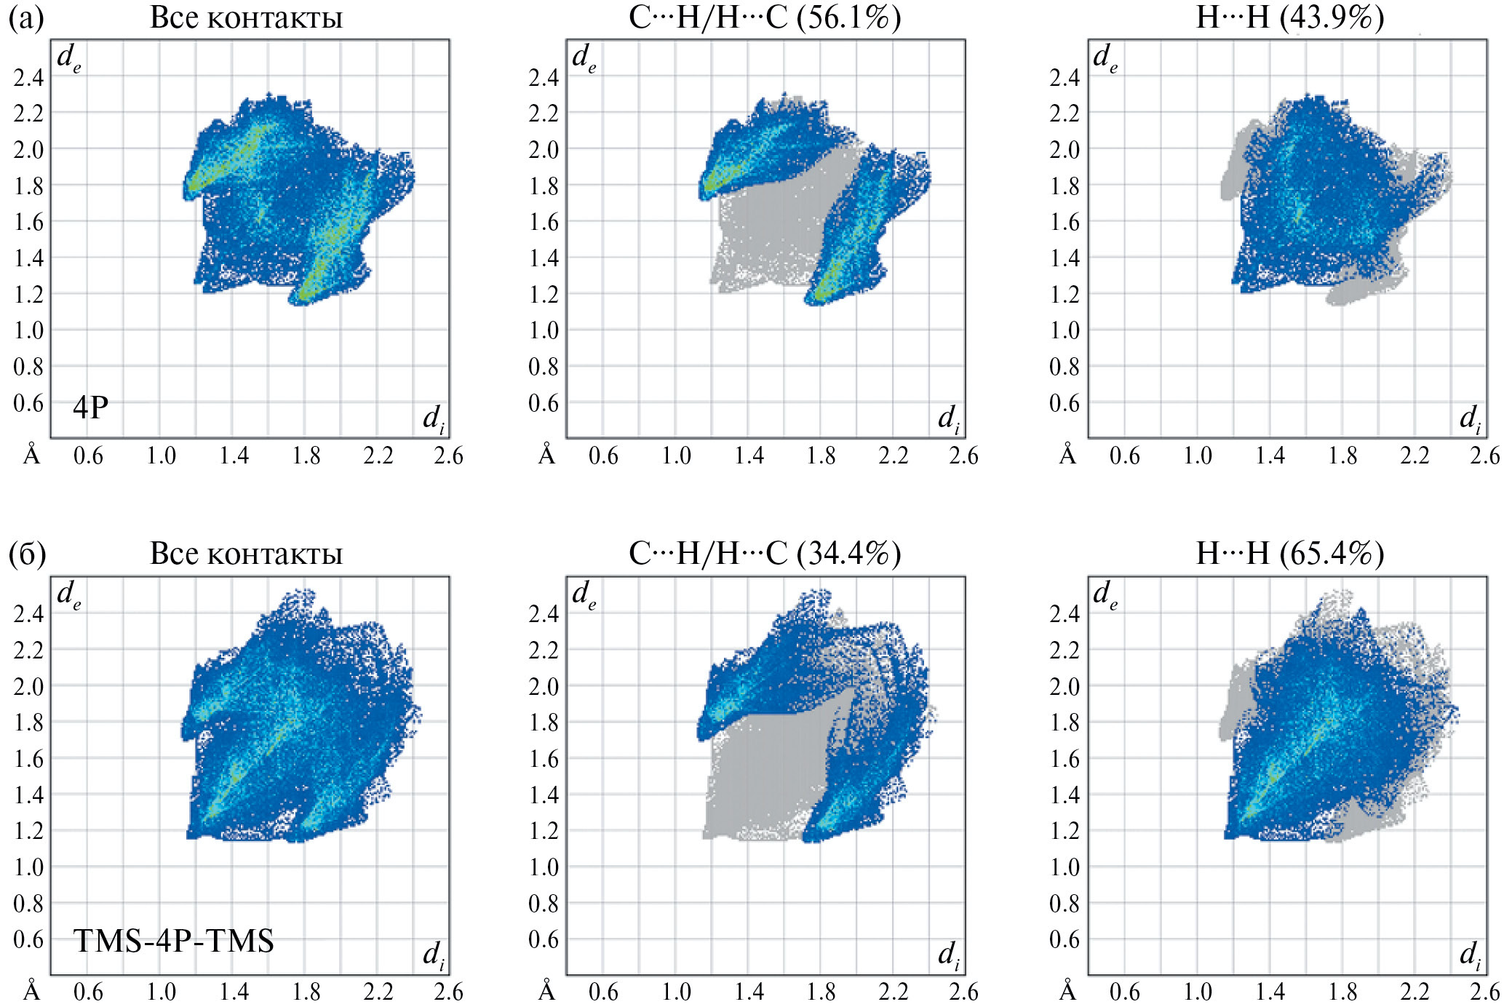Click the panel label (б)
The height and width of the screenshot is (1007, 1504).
[x=27, y=554]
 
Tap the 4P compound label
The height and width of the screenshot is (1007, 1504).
[x=90, y=407]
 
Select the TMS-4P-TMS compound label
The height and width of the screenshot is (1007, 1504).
[x=173, y=941]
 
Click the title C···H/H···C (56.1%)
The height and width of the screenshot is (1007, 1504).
[x=764, y=17]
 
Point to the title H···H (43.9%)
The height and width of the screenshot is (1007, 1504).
[x=1289, y=17]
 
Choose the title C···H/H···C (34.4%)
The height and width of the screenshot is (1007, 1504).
[x=764, y=554]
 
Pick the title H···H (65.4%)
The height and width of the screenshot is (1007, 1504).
[x=1289, y=554]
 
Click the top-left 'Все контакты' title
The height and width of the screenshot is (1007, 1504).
[x=246, y=17]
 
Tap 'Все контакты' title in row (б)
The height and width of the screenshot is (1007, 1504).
[x=246, y=554]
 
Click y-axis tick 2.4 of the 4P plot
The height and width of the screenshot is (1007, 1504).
[x=28, y=76]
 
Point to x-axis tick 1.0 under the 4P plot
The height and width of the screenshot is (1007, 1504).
[x=161, y=456]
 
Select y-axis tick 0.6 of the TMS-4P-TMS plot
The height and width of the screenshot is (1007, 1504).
[x=28, y=939]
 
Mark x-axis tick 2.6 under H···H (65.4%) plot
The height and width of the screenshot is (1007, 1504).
[x=1484, y=992]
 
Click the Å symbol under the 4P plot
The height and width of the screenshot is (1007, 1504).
[x=32, y=455]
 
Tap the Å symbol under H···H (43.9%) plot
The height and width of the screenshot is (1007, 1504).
[x=1067, y=455]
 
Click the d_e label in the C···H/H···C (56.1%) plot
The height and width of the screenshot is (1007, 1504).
[x=584, y=57]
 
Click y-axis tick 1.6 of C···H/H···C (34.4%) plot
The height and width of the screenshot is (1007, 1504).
[x=544, y=758]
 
